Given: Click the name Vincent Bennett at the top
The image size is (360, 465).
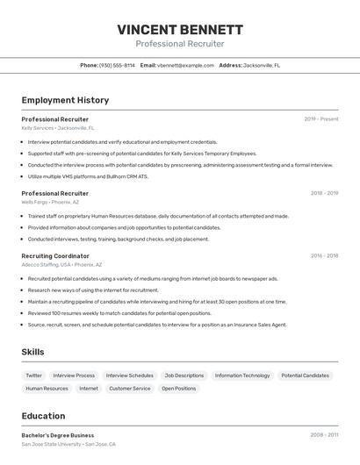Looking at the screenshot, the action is click(x=180, y=29).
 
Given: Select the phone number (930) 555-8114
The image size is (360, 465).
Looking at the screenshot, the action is click(x=117, y=65).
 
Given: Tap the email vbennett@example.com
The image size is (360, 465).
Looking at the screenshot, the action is click(x=185, y=65).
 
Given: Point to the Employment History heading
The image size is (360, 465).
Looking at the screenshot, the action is click(x=65, y=100).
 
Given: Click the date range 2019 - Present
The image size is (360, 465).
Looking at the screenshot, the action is click(x=320, y=118).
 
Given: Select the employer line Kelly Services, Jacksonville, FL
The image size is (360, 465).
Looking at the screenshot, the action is click(x=58, y=127).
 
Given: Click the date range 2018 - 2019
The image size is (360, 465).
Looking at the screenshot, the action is click(x=324, y=192).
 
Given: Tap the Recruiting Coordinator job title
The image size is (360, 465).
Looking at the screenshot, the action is click(x=55, y=255).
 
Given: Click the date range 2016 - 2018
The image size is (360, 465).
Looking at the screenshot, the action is click(x=324, y=255).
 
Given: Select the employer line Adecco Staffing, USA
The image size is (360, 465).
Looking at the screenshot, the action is click(x=61, y=264).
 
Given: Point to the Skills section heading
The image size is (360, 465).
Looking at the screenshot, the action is click(x=33, y=352).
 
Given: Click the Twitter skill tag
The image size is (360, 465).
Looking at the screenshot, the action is click(x=33, y=375).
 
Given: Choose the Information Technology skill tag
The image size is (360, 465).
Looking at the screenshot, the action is click(x=242, y=375).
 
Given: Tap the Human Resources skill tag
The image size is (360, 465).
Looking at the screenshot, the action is click(x=47, y=388).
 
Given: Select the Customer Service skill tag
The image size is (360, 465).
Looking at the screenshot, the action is click(x=130, y=388).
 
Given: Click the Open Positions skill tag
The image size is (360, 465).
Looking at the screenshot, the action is click(x=179, y=388).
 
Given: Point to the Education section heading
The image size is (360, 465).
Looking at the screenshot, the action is click(x=43, y=416).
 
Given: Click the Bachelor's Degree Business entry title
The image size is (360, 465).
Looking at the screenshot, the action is click(x=58, y=434).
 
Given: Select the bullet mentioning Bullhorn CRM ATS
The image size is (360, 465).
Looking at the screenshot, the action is click(x=88, y=176).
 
